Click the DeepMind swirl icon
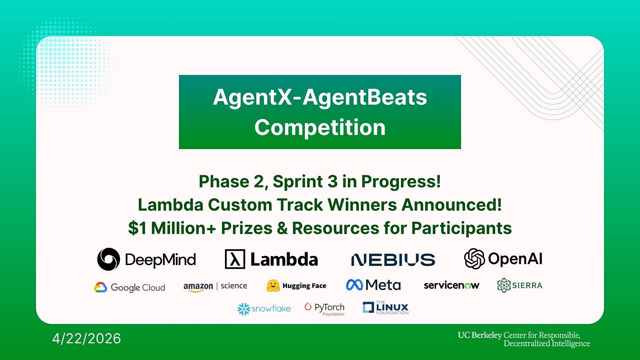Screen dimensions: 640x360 (x=108, y=259)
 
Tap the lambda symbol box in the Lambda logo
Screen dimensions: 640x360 (x=235, y=259)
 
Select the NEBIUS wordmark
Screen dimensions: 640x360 (x=393, y=260)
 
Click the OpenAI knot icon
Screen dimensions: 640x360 (x=474, y=258)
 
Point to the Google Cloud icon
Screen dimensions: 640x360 (x=101, y=287)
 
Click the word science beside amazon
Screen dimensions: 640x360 (x=234, y=286)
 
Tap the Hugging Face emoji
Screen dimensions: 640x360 (x=273, y=286)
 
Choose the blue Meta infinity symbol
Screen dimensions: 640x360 (x=354, y=285)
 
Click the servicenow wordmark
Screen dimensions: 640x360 (x=451, y=285)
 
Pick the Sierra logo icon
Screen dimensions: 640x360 (x=504, y=285)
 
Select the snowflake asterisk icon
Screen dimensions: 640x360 (x=244, y=309)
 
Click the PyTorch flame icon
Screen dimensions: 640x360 (x=308, y=306)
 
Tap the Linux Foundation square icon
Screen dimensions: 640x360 (x=368, y=307)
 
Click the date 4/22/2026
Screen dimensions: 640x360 (x=87, y=338)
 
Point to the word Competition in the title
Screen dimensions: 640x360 (x=320, y=127)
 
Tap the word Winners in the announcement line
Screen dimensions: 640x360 (x=362, y=205)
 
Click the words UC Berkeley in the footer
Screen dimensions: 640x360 (x=480, y=335)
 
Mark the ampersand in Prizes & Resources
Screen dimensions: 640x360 (x=282, y=228)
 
